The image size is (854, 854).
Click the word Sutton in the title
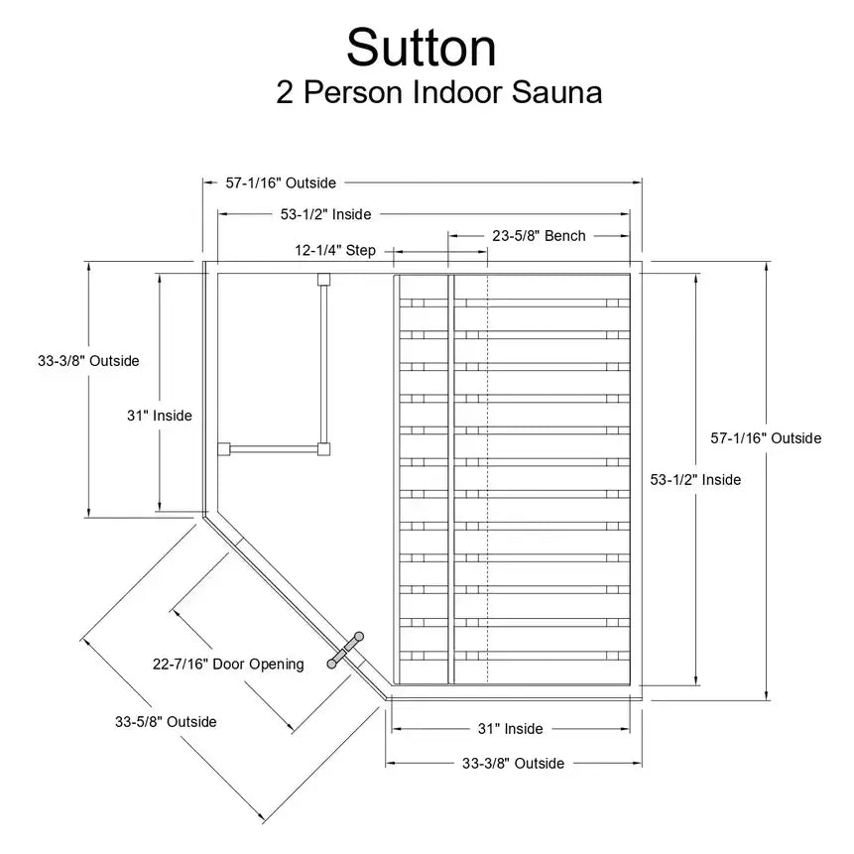click(422, 47)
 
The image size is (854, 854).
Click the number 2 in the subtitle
click(286, 92)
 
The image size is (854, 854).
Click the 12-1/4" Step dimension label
click(335, 251)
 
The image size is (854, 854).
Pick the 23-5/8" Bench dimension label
click(539, 236)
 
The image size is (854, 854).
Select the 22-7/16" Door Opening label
click(228, 664)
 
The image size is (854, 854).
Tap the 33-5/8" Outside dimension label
click(166, 722)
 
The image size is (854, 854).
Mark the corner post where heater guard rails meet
click(321, 449)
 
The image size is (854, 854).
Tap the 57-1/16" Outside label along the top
click(281, 183)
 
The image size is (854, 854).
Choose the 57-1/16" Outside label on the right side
click(766, 437)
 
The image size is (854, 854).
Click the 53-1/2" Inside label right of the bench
click(695, 479)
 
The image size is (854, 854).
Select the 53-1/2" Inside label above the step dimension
click(325, 213)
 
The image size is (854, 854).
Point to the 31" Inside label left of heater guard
click(159, 416)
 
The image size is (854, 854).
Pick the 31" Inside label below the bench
click(510, 729)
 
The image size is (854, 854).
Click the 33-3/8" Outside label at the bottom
click(513, 764)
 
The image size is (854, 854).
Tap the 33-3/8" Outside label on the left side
click(89, 361)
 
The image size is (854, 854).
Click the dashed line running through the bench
click(487, 476)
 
